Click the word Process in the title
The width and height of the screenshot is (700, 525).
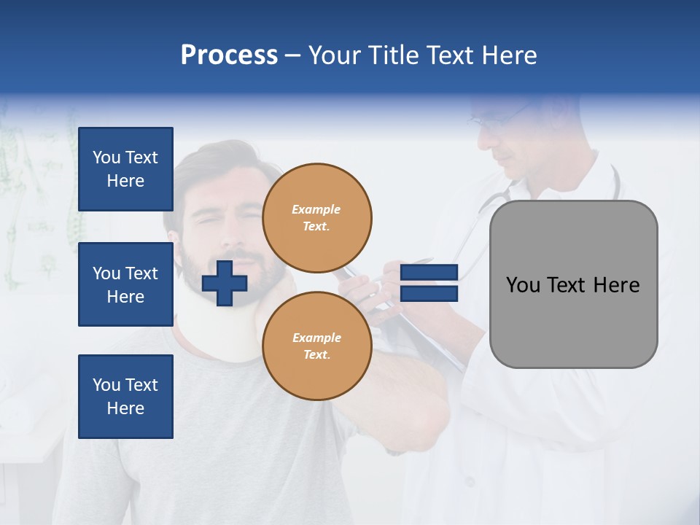[x=229, y=55]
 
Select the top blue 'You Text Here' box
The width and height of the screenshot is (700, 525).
[x=125, y=169]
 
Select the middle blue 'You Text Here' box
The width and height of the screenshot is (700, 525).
[x=125, y=284]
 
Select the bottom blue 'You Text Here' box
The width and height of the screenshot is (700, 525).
[x=125, y=397]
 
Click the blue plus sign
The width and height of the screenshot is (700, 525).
[x=225, y=283]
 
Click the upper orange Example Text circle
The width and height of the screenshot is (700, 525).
[x=316, y=217]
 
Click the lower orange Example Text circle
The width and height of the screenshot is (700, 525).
[x=316, y=346]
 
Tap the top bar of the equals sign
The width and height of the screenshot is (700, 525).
[x=429, y=272]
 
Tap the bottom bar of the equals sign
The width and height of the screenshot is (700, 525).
[x=429, y=294]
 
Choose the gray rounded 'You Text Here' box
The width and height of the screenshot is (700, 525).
[x=573, y=321]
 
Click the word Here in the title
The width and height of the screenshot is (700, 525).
[x=510, y=55]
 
